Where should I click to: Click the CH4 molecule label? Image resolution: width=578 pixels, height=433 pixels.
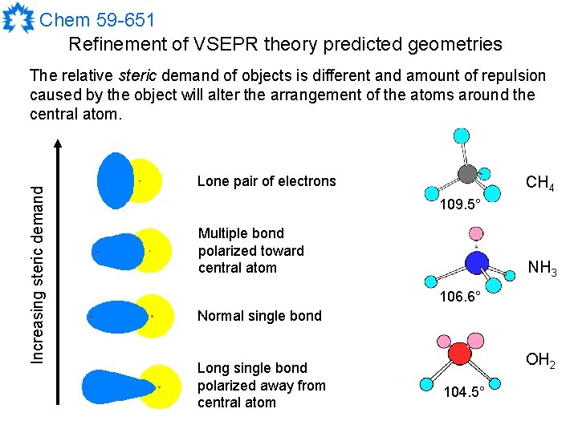click(539, 184)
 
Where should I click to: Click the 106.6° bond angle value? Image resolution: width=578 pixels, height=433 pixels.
click(460, 297)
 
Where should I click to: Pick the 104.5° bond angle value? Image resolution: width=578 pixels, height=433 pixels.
click(465, 392)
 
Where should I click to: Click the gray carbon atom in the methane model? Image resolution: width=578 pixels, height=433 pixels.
click(466, 173)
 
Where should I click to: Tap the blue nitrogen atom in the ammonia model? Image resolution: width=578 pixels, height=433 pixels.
click(477, 262)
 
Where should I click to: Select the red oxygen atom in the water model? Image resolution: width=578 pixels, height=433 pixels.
click(459, 354)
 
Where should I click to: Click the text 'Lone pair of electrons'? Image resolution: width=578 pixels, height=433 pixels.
click(267, 181)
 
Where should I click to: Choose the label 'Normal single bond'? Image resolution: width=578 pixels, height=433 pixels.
click(259, 316)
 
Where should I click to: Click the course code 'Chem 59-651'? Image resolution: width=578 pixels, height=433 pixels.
click(97, 18)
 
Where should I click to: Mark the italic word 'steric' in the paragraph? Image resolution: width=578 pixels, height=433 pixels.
click(137, 76)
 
